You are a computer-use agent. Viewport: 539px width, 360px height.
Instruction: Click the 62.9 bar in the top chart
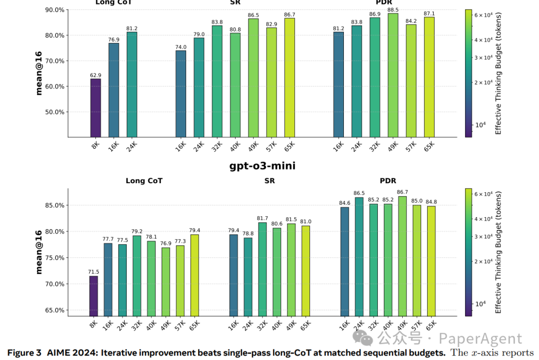95,107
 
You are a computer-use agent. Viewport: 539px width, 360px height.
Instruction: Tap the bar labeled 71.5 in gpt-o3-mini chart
93,296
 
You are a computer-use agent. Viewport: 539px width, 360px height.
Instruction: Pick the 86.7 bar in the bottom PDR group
402,256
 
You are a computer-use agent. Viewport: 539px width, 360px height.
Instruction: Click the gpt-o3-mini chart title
262,166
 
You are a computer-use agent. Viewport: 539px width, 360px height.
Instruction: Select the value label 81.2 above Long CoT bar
132,28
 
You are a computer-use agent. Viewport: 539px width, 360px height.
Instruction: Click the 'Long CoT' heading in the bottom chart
144,181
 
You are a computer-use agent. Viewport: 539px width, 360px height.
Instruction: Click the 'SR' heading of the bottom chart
269,181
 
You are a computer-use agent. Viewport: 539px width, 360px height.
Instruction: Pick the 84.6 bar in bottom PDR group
344,261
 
